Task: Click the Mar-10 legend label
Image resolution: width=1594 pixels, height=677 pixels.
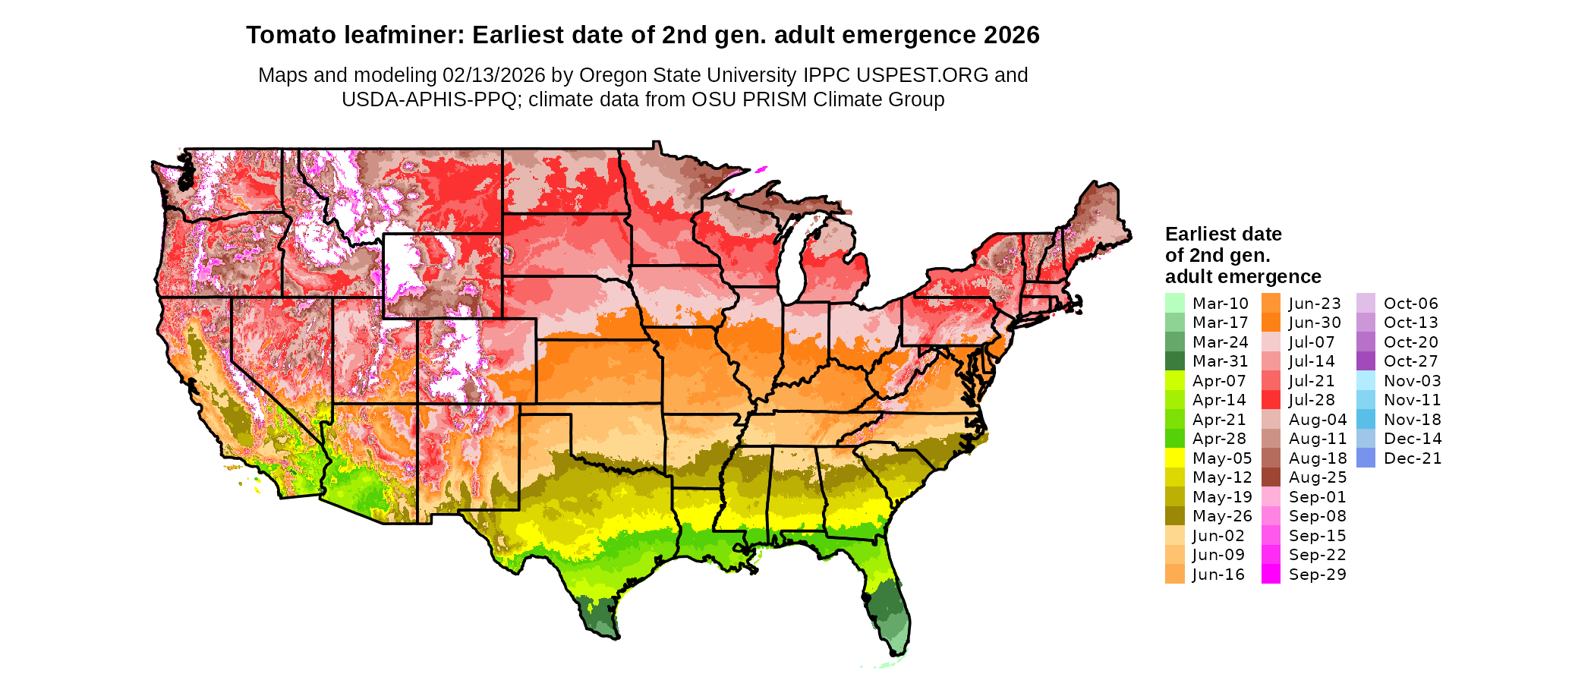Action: pyautogui.click(x=1220, y=304)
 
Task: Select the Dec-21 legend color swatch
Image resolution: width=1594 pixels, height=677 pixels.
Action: pyautogui.click(x=1366, y=458)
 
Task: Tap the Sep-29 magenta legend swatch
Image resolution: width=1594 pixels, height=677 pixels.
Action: pyautogui.click(x=1271, y=575)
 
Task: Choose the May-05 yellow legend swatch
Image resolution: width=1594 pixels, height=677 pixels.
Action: pyautogui.click(x=1174, y=458)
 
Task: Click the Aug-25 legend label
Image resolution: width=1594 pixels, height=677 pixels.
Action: pyautogui.click(x=1318, y=477)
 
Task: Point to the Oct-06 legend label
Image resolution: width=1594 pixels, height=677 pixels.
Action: pyautogui.click(x=1410, y=304)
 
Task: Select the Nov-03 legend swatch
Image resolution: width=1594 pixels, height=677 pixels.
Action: pyautogui.click(x=1366, y=381)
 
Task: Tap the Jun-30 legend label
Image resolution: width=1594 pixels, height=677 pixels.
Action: pyautogui.click(x=1315, y=323)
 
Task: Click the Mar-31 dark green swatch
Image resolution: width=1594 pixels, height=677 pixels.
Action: pyautogui.click(x=1174, y=361)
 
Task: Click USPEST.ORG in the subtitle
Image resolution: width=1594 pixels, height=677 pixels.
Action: pyautogui.click(x=922, y=75)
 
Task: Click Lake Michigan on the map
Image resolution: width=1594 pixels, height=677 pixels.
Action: pyautogui.click(x=792, y=262)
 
